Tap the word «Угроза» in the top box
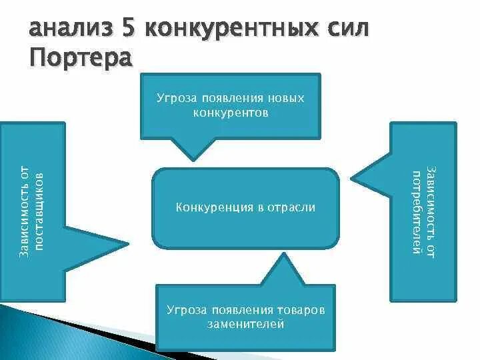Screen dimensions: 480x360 176,99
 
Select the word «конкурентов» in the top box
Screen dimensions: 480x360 231,113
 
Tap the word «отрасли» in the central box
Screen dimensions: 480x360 291,207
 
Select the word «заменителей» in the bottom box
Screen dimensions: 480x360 245,325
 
